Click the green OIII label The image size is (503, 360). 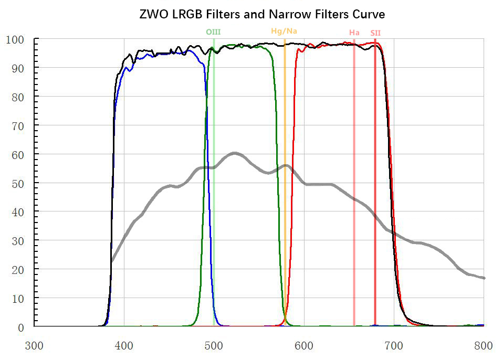click(213, 32)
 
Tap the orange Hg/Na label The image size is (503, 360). click(284, 31)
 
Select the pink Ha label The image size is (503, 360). click(354, 33)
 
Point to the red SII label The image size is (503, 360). click(375, 33)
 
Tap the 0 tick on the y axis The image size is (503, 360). click(20, 327)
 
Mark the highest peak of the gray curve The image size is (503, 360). click(234, 153)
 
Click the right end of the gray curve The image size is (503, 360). click(484, 278)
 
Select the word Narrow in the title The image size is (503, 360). click(301, 14)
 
